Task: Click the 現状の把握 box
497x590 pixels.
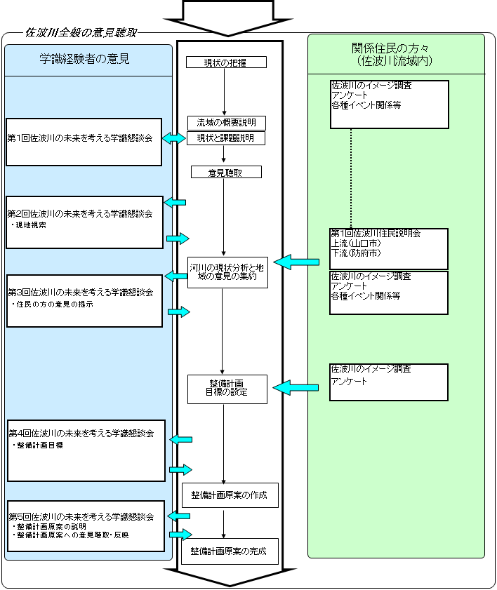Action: point(226,62)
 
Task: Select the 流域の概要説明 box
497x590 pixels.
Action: point(227,123)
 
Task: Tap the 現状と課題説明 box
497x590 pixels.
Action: point(226,138)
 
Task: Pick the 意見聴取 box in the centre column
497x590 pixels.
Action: point(226,173)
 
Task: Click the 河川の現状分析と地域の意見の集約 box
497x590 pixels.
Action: point(227,272)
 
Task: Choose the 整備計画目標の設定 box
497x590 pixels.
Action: point(227,389)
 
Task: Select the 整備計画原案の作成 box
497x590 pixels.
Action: point(230,495)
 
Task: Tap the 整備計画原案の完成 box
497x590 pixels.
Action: point(230,551)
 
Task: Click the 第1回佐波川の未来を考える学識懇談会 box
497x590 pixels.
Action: point(84,142)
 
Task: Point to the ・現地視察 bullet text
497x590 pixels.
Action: point(29,225)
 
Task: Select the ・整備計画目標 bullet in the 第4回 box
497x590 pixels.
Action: point(37,445)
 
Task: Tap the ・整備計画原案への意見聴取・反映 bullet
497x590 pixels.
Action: point(70,535)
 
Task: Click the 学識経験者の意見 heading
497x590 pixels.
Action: point(85,59)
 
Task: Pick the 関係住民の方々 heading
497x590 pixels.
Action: point(390,48)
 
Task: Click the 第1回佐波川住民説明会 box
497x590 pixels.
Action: point(390,249)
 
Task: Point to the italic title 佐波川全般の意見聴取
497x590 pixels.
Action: point(81,33)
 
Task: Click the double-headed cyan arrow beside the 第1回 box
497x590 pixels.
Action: point(174,138)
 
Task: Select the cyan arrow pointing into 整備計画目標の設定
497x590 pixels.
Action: point(296,387)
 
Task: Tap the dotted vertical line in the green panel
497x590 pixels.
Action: point(351,178)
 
